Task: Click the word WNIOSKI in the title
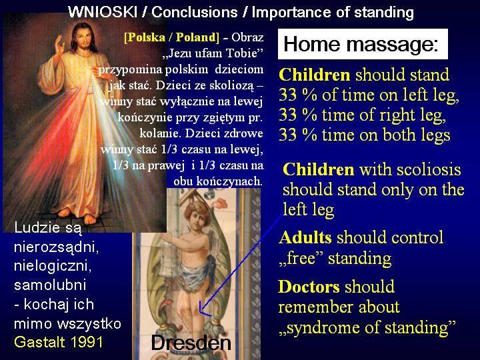102,12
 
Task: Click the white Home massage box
363,44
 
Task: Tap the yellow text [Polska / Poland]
171,37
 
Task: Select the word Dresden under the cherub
191,343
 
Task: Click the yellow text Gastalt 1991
59,342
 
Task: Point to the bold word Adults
305,237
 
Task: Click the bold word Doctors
309,287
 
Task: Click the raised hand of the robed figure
59,45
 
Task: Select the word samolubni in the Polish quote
50,285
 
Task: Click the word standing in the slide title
383,13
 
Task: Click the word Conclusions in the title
195,12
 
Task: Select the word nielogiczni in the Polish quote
53,266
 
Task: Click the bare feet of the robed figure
77,215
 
